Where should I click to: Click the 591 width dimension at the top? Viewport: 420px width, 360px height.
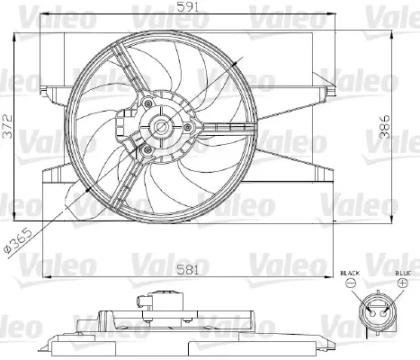(188, 6)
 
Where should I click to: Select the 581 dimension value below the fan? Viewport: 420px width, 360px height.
(188, 270)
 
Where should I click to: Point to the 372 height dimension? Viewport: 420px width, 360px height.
(7, 126)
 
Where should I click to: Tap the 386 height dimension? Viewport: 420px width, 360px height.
(385, 126)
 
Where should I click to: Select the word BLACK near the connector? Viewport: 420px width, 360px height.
(350, 274)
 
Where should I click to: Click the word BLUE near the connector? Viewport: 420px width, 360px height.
(403, 274)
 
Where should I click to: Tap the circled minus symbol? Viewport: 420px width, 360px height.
(351, 283)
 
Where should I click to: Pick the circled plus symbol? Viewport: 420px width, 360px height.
(403, 283)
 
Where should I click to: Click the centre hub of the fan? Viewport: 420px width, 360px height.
(161, 127)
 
